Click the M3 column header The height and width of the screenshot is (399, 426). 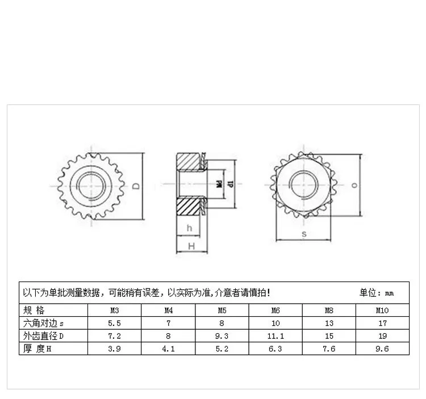tap(114, 310)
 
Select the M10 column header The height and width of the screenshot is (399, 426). tap(382, 310)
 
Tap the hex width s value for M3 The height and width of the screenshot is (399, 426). tap(114, 323)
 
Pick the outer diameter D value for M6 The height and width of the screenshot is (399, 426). tap(275, 336)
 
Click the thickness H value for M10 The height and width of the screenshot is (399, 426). tap(382, 349)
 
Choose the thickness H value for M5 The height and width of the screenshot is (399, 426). tap(222, 349)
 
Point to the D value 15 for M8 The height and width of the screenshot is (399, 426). tap(329, 336)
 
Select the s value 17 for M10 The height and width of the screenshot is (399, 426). tap(382, 323)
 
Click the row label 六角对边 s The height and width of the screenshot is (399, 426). tap(43, 323)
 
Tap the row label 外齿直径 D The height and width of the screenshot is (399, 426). tap(43, 336)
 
